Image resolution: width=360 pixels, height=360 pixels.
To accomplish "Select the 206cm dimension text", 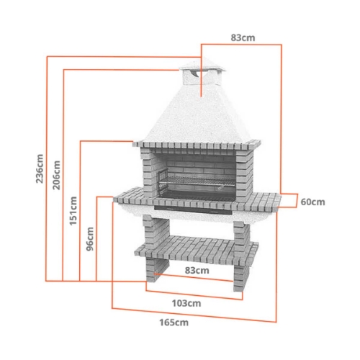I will pyautogui.click(x=57, y=174).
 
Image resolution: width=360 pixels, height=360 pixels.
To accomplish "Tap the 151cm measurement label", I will pyautogui.click(x=73, y=210).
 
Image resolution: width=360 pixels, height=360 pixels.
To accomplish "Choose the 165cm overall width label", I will pyautogui.click(x=174, y=322).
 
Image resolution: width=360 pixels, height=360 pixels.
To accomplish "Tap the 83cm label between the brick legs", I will pyautogui.click(x=197, y=271).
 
